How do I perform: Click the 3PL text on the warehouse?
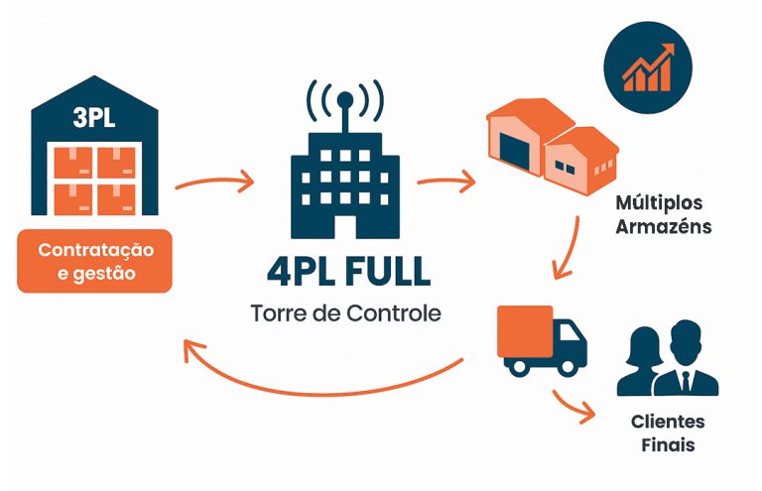pos(94,118)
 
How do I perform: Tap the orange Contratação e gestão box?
pos(94,261)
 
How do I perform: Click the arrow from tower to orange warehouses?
pos(444,184)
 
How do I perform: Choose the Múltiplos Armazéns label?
pos(659,214)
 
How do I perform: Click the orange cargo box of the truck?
pos(525,330)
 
